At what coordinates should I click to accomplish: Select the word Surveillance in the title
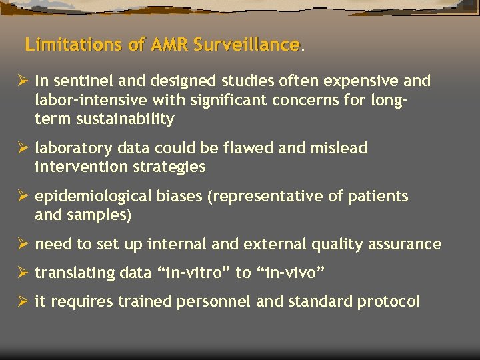247,45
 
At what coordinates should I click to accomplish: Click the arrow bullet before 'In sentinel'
22,81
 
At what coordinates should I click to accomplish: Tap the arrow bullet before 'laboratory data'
22,148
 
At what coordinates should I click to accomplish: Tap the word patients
379,197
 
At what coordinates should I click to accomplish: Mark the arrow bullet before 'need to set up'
22,245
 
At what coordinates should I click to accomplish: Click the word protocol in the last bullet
389,302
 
